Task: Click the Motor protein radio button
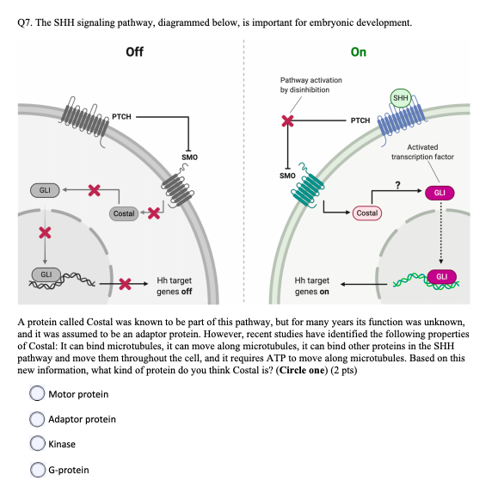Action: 37,394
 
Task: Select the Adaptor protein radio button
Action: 37,419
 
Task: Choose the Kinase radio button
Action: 37,444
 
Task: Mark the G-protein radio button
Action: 37,469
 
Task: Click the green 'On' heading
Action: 359,52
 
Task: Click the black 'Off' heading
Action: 134,52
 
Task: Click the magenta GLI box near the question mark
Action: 440,193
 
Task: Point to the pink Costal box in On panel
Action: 366,212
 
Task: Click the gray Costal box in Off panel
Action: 124,213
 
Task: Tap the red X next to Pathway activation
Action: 288,121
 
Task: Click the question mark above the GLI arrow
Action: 397,182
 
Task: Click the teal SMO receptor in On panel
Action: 308,189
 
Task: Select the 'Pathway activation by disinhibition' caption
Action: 310,84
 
